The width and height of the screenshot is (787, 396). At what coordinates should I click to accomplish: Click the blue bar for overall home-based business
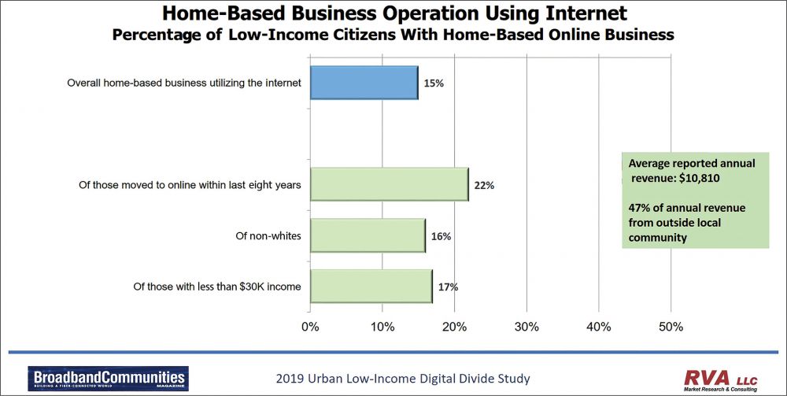364,83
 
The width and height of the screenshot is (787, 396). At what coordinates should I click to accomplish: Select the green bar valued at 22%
389,185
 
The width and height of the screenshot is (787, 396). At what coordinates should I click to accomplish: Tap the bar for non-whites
368,235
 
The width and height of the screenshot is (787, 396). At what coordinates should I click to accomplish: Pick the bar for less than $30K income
371,286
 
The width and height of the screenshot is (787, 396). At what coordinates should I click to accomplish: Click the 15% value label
434,83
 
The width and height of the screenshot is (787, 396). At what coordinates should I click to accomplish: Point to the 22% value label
484,186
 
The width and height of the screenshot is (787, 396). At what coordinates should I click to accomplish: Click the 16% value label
441,236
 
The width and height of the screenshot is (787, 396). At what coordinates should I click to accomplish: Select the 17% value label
448,287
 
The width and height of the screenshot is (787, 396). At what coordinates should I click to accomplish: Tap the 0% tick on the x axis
310,326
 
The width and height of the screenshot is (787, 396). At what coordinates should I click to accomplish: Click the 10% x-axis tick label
382,326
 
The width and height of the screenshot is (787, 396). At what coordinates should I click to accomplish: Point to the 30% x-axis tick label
527,326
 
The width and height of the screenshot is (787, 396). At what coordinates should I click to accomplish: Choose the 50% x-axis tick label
671,326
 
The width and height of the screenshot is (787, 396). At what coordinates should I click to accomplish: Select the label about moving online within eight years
190,185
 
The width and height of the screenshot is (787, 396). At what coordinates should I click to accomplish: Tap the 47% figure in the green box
640,208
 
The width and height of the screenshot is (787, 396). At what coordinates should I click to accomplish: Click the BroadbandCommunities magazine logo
107,378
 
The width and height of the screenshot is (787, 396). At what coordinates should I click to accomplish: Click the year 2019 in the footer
290,379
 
